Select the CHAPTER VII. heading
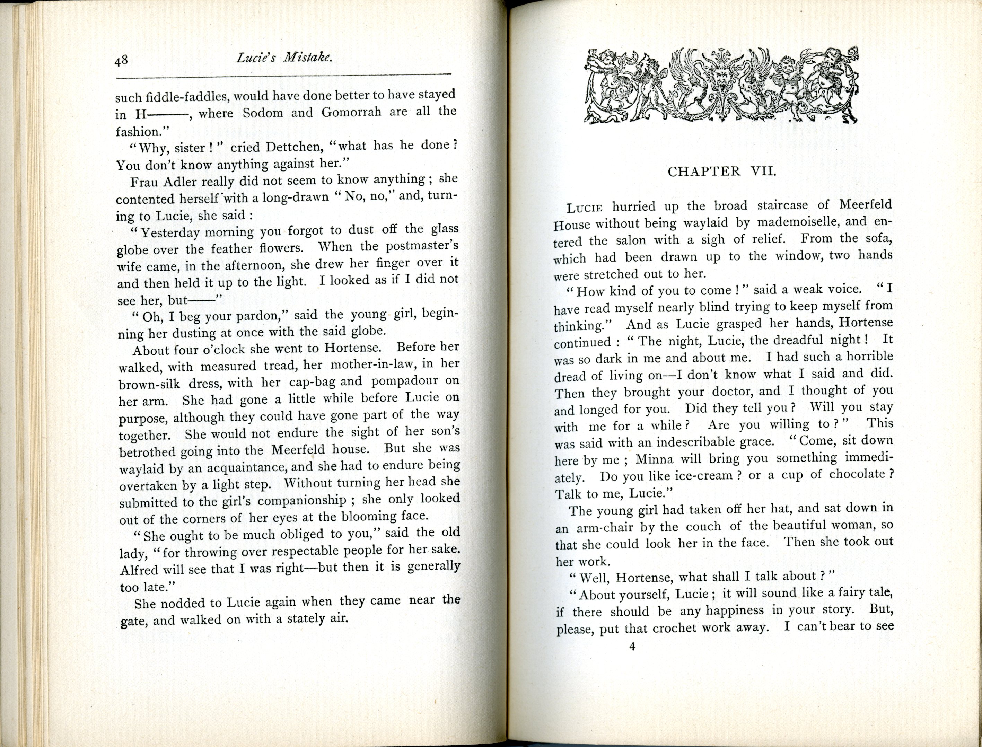tap(721, 171)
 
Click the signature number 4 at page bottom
tap(632, 659)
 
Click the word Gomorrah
tap(351, 112)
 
